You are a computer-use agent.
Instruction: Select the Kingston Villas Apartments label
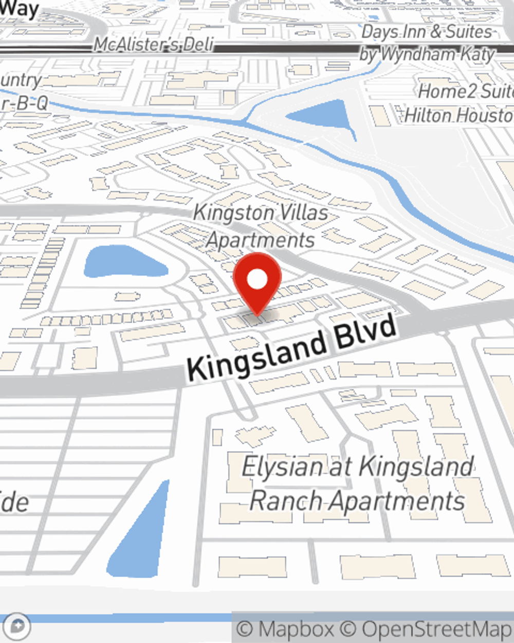[x=261, y=226]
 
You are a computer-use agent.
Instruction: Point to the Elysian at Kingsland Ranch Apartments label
[x=358, y=484]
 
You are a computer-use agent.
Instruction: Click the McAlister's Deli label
[x=153, y=45]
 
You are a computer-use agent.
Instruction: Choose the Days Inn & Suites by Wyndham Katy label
[x=427, y=43]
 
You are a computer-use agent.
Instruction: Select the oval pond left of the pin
[x=123, y=263]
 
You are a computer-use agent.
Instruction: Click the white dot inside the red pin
[x=257, y=279]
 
